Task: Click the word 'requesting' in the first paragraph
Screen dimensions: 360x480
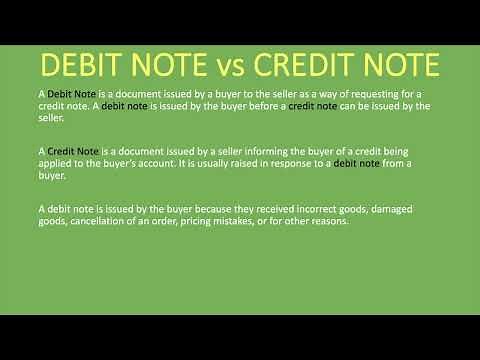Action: point(363,93)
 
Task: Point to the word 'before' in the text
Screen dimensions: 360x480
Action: point(261,105)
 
